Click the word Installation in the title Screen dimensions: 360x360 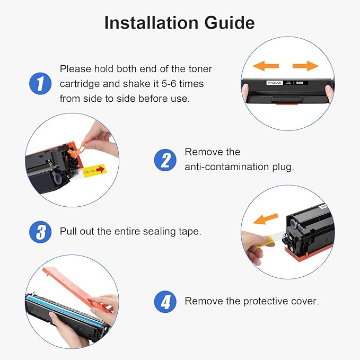(151, 23)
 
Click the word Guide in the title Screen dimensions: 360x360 (230, 23)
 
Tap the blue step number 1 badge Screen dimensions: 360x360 (40, 84)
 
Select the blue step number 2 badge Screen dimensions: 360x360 (165, 160)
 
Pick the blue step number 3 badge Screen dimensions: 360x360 (40, 232)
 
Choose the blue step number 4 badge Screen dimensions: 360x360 (165, 302)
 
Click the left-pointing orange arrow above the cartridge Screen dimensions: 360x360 (266, 66)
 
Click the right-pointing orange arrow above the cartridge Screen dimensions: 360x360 (305, 66)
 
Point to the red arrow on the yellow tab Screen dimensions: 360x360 (100, 170)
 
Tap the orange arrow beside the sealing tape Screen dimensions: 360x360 (266, 218)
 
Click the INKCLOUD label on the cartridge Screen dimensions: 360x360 (275, 83)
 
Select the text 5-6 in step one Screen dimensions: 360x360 (169, 84)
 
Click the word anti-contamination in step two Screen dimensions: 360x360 (226, 167)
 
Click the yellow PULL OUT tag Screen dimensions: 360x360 (94, 171)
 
